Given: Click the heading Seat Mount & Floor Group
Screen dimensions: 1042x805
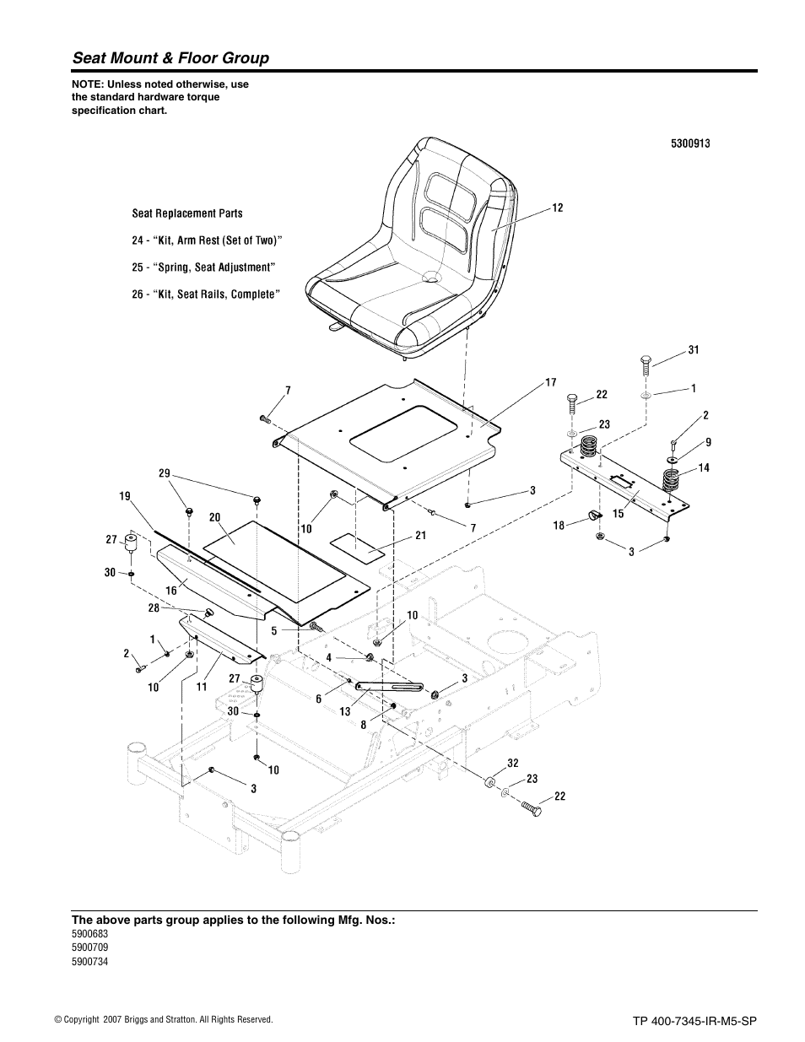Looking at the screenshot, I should [x=170, y=58].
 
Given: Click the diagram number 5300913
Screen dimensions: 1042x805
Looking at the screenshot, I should [x=690, y=143].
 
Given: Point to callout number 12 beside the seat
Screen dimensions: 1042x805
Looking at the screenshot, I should [x=558, y=208].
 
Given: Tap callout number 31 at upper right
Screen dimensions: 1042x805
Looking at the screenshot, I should [x=694, y=350].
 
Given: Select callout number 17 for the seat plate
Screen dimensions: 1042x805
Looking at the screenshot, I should [x=550, y=382].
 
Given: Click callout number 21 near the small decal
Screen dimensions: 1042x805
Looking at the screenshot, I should [x=420, y=536].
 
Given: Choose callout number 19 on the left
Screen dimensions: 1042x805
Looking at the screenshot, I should [x=125, y=498].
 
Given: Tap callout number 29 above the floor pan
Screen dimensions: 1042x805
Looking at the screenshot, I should [x=165, y=474].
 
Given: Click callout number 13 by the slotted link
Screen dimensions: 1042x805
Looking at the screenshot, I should [x=345, y=711].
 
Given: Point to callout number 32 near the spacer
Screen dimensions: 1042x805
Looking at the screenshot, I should [x=512, y=763].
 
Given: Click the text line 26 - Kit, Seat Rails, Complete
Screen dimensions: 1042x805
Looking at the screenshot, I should [x=206, y=294].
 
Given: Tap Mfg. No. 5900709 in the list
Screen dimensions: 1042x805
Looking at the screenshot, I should [x=89, y=947].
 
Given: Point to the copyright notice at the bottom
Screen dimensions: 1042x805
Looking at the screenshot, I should [x=163, y=1020].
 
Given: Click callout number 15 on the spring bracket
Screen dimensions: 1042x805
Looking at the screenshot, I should [x=619, y=513].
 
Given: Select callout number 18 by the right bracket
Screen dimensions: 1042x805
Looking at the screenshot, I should [x=559, y=525].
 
